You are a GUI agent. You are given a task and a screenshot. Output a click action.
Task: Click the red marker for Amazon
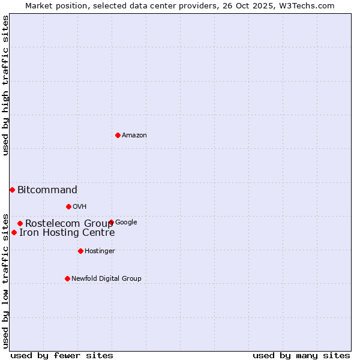coord(118,135)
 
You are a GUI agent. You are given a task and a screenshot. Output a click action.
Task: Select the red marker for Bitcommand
coord(12,190)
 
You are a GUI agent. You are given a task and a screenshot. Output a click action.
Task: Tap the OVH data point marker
coord(68,206)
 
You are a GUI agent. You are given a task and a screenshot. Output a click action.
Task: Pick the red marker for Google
coord(111,222)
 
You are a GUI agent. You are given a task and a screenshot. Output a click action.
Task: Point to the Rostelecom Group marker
coord(20,223)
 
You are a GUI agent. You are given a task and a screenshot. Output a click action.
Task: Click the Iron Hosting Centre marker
coord(14,232)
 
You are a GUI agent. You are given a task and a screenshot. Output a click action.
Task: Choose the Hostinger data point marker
coord(80,251)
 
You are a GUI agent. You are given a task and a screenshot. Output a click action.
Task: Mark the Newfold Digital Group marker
coord(67,278)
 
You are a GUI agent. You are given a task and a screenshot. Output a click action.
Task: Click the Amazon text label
coord(134,135)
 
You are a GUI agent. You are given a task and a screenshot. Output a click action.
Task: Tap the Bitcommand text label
coord(47,190)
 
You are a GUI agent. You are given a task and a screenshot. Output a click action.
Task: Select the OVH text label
coord(80,206)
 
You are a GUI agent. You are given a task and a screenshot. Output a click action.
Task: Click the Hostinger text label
coord(100,251)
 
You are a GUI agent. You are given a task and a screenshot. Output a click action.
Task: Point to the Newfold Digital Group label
coord(106,278)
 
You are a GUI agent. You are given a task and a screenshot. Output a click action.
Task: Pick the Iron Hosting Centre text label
coord(67,233)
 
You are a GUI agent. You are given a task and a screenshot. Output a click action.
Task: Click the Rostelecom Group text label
coord(68,224)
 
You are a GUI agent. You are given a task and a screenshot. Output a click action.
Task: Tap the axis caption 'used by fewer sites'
coord(62,355)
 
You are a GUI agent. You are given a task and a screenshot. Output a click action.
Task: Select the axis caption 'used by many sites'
coord(301,355)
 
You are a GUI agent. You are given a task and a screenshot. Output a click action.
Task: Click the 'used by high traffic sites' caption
coord(5,85)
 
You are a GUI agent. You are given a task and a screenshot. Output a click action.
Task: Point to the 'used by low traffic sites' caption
coord(5,280)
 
